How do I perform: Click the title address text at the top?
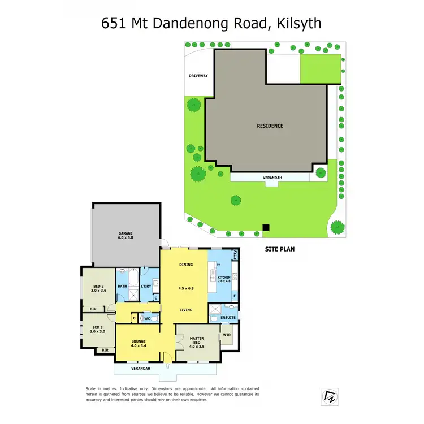[211, 23]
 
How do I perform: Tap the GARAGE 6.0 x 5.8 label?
[126, 236]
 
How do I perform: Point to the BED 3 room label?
[97, 329]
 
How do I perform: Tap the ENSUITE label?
[228, 318]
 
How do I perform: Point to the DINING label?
[186, 265]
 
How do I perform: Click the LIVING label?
[186, 310]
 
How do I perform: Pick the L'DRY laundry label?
[146, 287]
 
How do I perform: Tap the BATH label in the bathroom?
[123, 287]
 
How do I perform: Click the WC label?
[148, 318]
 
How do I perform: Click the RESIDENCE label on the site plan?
[270, 126]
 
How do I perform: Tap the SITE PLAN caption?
[280, 248]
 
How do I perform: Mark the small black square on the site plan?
[266, 228]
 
